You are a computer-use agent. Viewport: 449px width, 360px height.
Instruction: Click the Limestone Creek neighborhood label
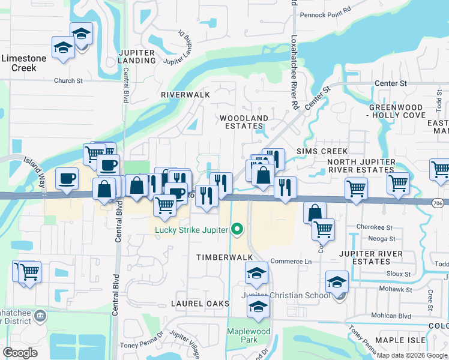click(23, 62)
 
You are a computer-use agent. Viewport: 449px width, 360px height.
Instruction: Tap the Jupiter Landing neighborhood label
click(137, 57)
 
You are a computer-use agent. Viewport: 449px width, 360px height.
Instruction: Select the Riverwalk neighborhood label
click(185, 95)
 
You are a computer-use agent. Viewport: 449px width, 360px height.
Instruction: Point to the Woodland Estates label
click(243, 122)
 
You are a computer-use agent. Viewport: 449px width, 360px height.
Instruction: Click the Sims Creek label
click(314, 152)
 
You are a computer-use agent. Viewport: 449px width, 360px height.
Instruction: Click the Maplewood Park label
click(249, 335)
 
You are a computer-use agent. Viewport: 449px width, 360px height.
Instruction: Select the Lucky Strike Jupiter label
click(191, 229)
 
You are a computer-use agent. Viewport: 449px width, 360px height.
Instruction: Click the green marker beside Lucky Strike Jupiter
click(237, 229)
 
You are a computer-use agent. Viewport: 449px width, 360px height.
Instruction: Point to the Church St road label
click(68, 81)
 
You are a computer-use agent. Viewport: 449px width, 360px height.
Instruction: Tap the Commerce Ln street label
click(291, 262)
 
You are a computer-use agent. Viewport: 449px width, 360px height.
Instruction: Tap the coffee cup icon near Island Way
click(67, 178)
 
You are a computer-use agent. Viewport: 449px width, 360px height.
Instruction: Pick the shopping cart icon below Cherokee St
click(324, 228)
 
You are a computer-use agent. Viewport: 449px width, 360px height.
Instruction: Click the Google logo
click(20, 353)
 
